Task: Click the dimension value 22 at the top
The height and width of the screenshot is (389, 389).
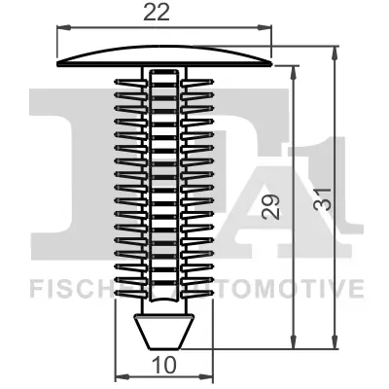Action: pyautogui.click(x=163, y=15)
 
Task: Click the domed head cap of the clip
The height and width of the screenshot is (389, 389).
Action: pyautogui.click(x=163, y=54)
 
